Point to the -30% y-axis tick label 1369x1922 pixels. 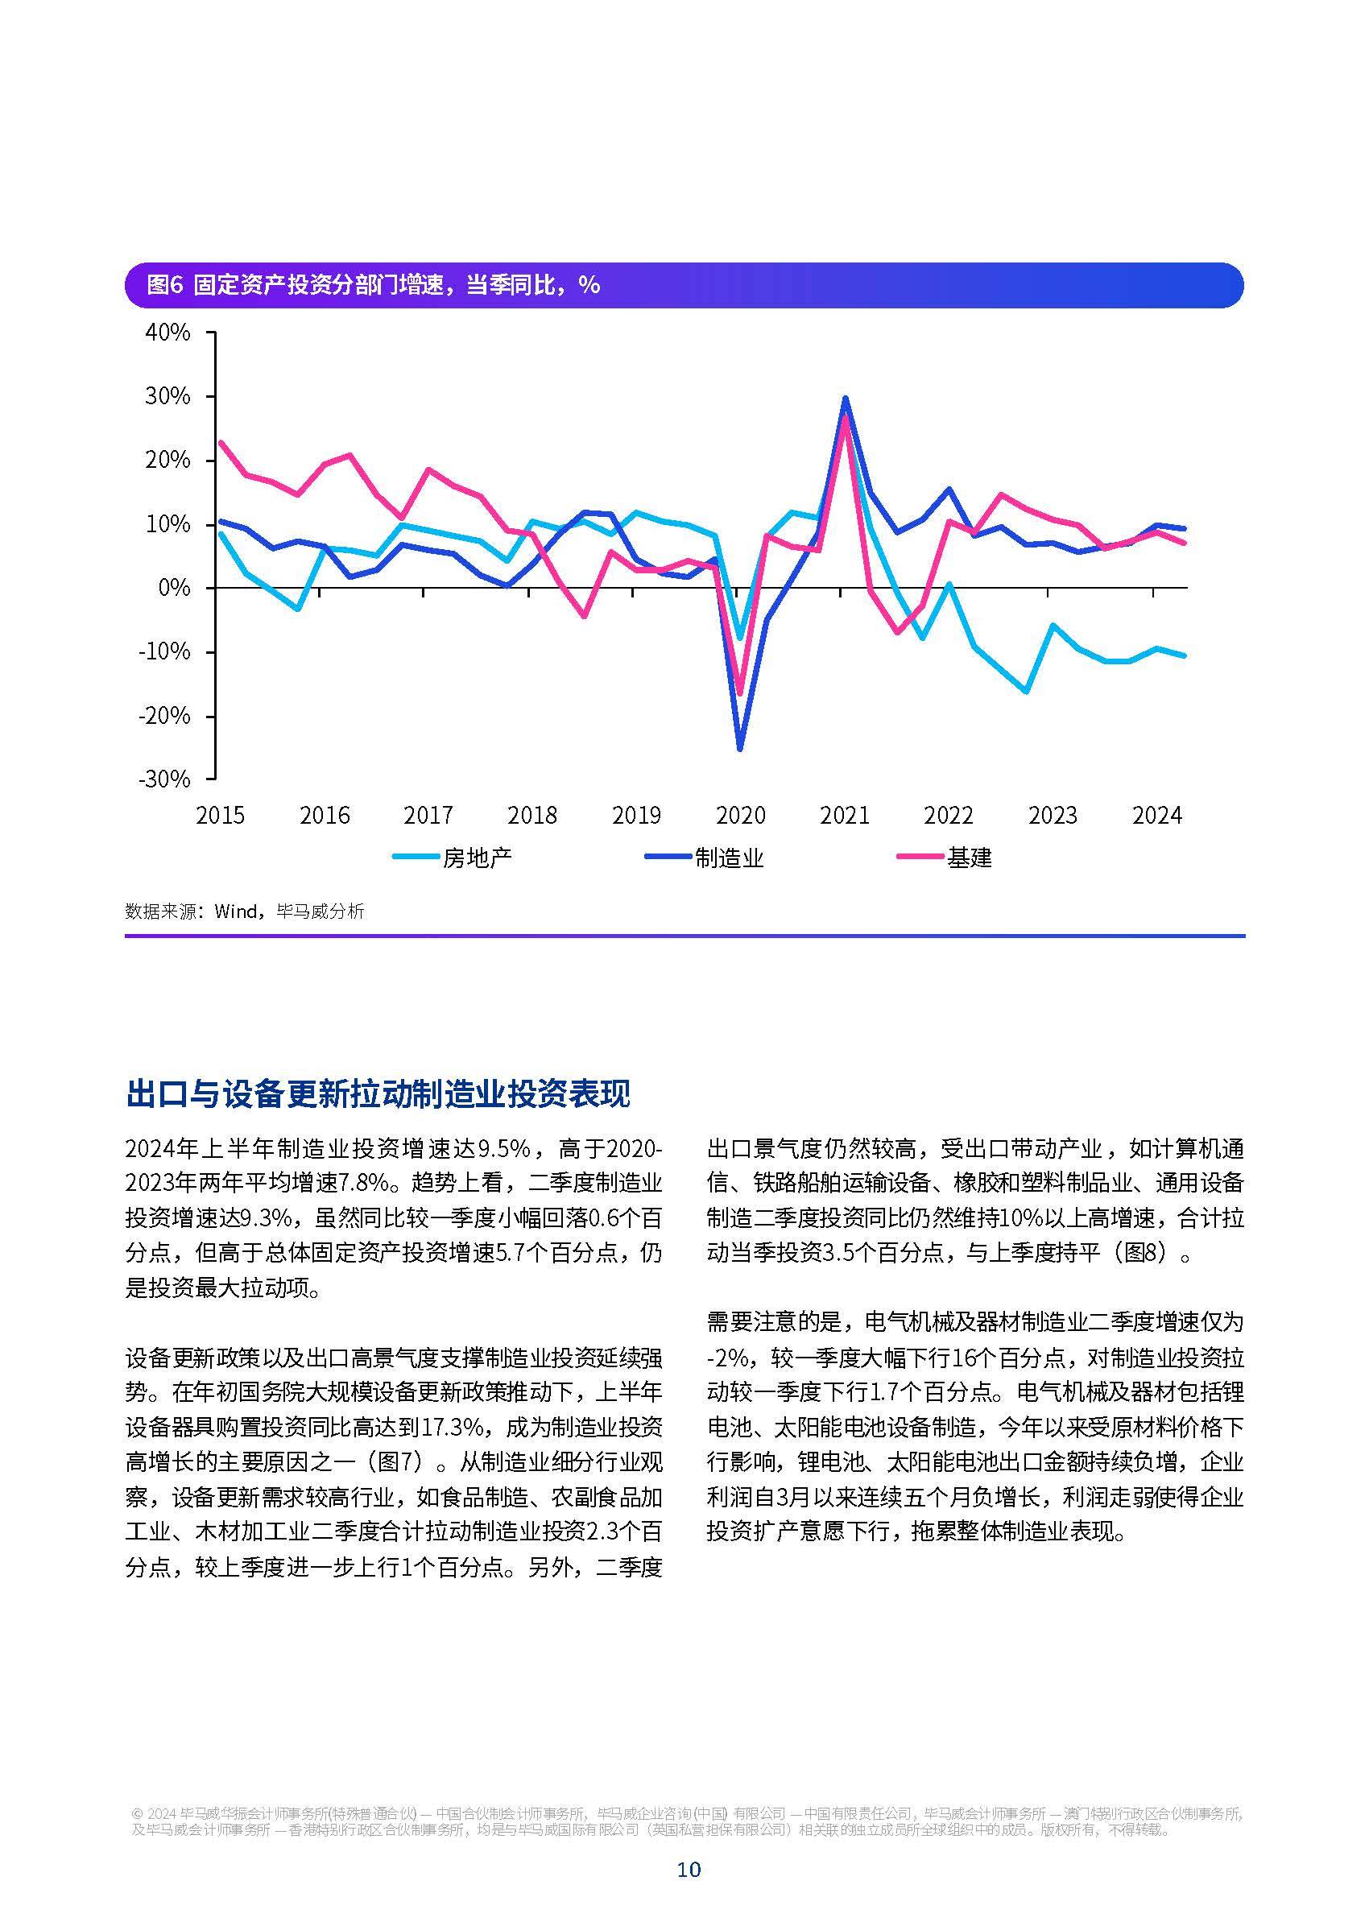(165, 779)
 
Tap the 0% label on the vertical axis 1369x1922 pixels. (174, 588)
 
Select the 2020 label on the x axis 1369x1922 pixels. (740, 815)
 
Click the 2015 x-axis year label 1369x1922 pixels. (220, 815)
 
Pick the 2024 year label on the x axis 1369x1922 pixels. (1156, 815)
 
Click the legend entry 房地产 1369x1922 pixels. (477, 858)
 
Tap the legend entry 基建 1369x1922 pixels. (969, 858)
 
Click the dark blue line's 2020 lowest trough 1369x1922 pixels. (740, 749)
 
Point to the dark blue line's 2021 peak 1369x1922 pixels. (845, 398)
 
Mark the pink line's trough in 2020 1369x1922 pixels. (740, 694)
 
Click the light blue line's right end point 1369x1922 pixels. (1185, 655)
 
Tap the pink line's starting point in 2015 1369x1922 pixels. (220, 442)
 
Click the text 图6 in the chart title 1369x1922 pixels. (164, 285)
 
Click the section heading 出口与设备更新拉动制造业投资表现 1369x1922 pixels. (378, 1093)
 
